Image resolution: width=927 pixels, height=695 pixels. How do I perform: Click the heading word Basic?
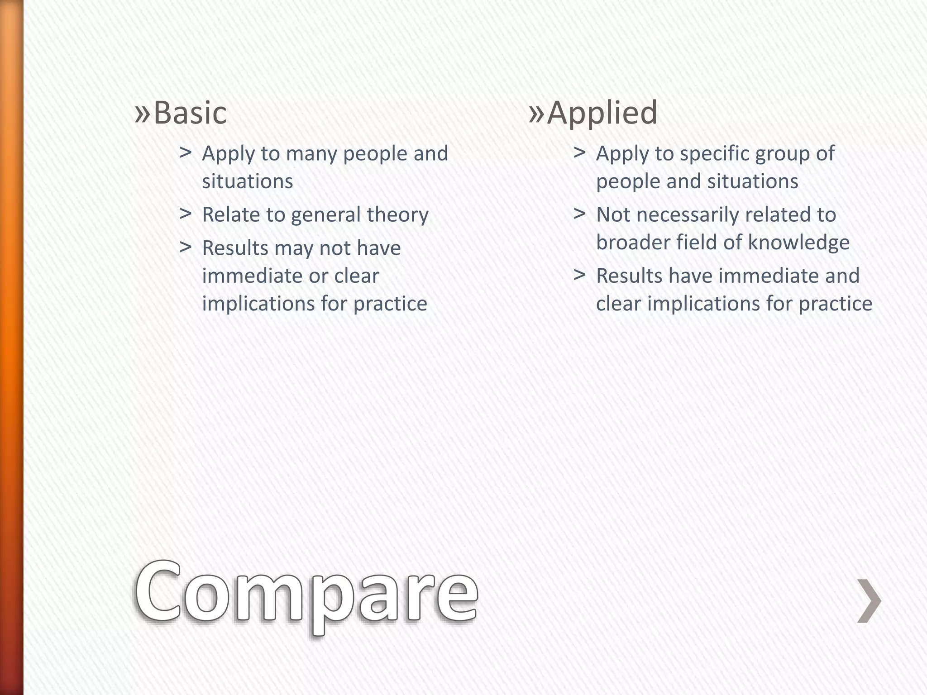pos(190,113)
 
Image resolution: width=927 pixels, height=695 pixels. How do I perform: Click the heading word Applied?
pos(602,113)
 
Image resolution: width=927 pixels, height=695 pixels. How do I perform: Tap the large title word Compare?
pos(306,593)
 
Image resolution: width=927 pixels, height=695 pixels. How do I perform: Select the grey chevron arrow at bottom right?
pos(869,600)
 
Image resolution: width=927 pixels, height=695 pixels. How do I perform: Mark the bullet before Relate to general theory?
pos(185,213)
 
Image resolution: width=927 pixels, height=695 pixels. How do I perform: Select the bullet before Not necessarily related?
pos(579,213)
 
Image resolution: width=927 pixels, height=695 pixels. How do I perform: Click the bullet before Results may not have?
pos(185,247)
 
